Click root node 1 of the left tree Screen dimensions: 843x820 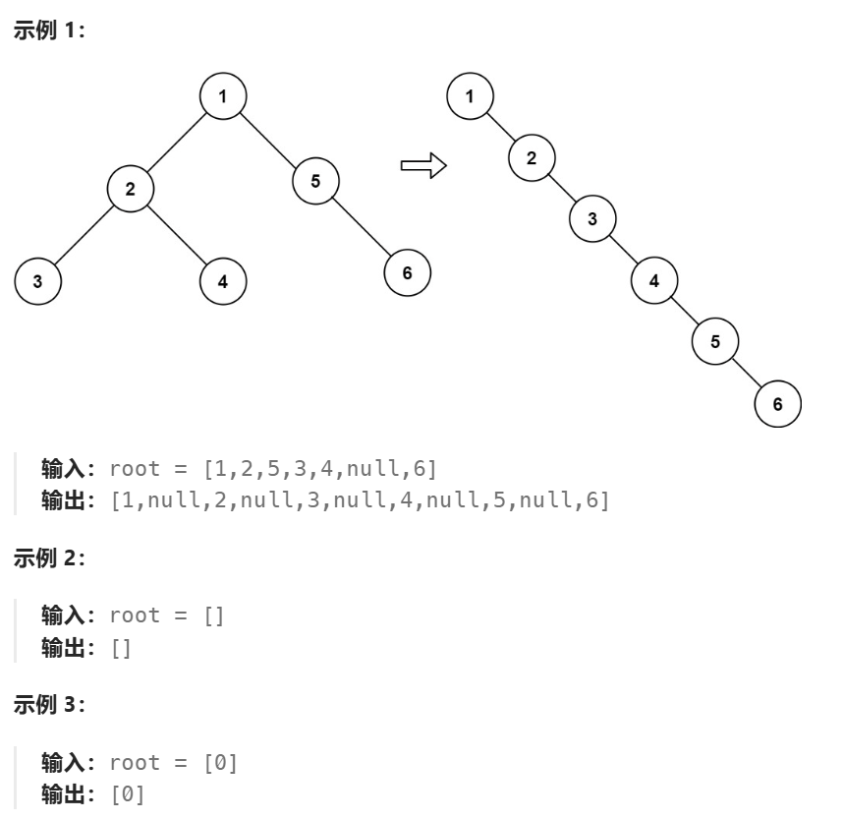click(x=223, y=95)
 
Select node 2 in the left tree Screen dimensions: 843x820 click(x=131, y=188)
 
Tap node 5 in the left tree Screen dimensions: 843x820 click(x=315, y=180)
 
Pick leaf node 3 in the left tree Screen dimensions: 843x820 click(x=37, y=281)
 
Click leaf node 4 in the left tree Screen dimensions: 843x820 click(x=223, y=281)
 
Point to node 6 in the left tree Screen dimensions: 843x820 click(x=408, y=272)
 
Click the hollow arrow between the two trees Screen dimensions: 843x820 click(x=423, y=165)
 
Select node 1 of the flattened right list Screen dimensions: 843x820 click(x=470, y=95)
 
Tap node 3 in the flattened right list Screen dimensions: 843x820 click(x=592, y=218)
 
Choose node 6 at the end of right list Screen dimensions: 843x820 click(x=777, y=404)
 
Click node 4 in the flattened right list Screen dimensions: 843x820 click(x=654, y=280)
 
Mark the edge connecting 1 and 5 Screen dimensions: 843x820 click(x=269, y=138)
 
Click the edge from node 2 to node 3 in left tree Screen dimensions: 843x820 click(x=84, y=234)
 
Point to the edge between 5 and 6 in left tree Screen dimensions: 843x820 click(x=362, y=226)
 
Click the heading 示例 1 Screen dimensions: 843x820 click(x=49, y=30)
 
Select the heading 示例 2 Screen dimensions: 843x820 click(x=49, y=558)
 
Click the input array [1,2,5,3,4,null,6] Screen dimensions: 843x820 click(x=319, y=467)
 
